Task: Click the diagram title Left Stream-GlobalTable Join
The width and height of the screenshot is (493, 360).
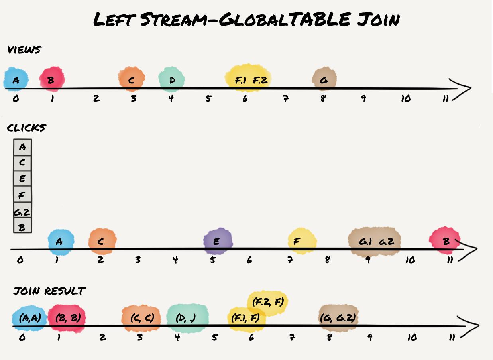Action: pyautogui.click(x=246, y=19)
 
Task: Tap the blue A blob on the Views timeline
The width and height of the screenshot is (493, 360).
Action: pyautogui.click(x=16, y=79)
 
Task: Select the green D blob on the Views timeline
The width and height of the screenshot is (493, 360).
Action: pyautogui.click(x=171, y=80)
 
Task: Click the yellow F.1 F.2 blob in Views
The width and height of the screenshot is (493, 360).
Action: pyautogui.click(x=248, y=79)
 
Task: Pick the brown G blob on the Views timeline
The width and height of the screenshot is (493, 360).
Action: pyautogui.click(x=324, y=79)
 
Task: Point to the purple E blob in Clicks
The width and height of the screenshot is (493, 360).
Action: pyautogui.click(x=217, y=241)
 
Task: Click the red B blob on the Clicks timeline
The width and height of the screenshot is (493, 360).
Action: pyautogui.click(x=445, y=240)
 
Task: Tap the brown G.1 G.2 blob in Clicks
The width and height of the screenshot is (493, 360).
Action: pyautogui.click(x=374, y=241)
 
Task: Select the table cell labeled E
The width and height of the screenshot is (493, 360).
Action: pyautogui.click(x=22, y=179)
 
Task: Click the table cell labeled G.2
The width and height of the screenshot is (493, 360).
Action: pyautogui.click(x=22, y=211)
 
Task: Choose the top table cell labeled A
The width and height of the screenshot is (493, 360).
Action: pyautogui.click(x=22, y=147)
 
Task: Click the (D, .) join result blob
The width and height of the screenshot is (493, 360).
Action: pyautogui.click(x=187, y=318)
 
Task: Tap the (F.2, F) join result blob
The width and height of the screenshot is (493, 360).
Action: pyautogui.click(x=268, y=302)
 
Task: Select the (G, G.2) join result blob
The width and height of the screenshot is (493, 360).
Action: pyautogui.click(x=338, y=318)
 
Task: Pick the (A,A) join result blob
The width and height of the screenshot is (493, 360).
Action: pyautogui.click(x=30, y=318)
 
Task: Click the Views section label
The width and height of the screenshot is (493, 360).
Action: pyautogui.click(x=24, y=50)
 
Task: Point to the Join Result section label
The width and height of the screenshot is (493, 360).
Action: pyautogui.click(x=49, y=291)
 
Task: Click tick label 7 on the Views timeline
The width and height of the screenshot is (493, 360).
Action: pyautogui.click(x=286, y=98)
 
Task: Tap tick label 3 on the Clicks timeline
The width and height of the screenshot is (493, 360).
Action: pyautogui.click(x=137, y=260)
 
